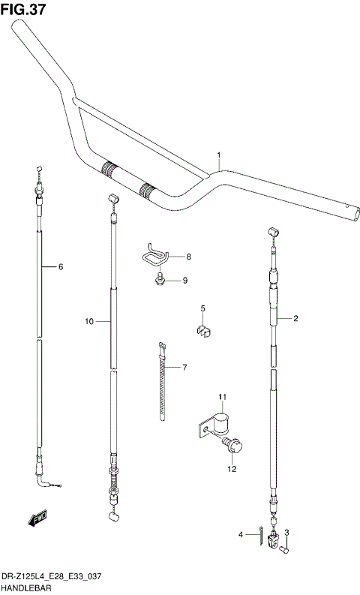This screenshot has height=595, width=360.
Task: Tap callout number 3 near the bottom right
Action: (x=241, y=535)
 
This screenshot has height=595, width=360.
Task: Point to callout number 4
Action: (x=202, y=308)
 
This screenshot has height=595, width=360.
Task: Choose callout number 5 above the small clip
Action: (x=61, y=266)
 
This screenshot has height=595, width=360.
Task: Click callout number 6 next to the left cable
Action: (x=184, y=368)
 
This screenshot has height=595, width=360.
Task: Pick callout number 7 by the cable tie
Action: (x=188, y=257)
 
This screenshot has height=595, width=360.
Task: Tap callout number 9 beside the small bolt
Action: (x=88, y=322)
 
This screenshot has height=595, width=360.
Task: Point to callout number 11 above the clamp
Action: (x=232, y=469)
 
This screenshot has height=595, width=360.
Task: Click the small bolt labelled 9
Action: (x=158, y=281)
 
